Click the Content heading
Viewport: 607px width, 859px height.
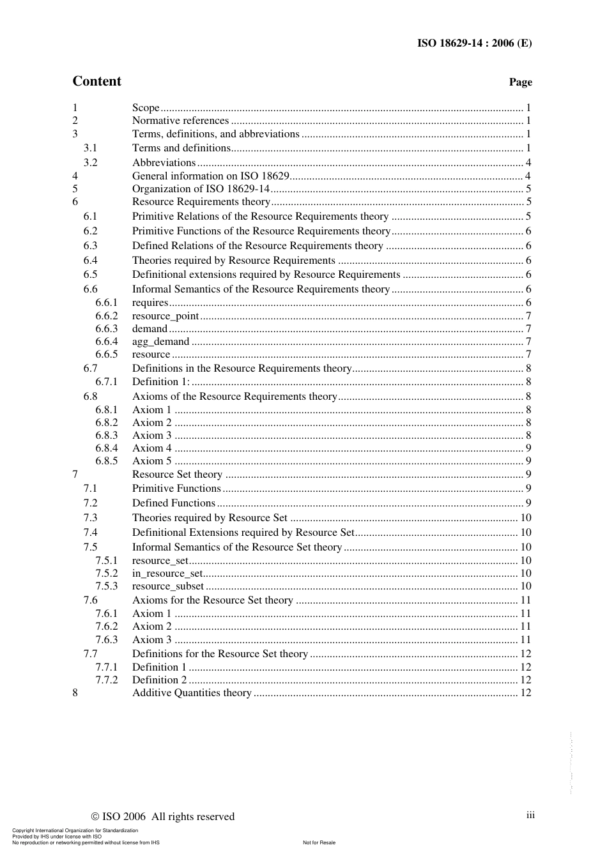96,81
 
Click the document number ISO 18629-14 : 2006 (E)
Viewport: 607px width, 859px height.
474,43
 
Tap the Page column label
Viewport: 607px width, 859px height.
520,82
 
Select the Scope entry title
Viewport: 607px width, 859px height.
146,108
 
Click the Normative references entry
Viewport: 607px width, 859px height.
180,121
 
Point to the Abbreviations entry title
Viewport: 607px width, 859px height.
164,163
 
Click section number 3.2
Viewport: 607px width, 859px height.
91,163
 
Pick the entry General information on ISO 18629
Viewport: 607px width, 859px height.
211,176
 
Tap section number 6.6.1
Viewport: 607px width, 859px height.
107,303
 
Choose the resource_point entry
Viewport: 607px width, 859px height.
165,316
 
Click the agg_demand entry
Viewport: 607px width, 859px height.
160,342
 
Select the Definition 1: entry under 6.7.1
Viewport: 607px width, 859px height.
160,382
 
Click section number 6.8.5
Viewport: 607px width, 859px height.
107,461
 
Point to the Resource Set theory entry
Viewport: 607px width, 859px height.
177,475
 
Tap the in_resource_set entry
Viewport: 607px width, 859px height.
167,574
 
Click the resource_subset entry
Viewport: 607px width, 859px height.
168,586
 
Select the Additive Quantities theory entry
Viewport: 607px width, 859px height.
192,693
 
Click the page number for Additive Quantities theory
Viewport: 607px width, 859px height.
525,693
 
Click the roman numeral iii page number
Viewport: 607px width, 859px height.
530,815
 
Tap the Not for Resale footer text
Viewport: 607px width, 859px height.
319,842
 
